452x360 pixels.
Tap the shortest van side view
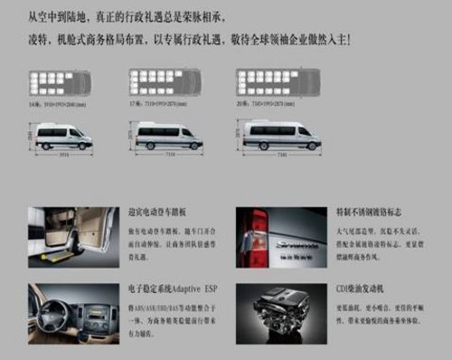pyautogui.click(x=61, y=137)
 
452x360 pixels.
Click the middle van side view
pyautogui.click(x=167, y=137)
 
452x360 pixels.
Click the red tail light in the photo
pyautogui.click(x=257, y=231)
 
